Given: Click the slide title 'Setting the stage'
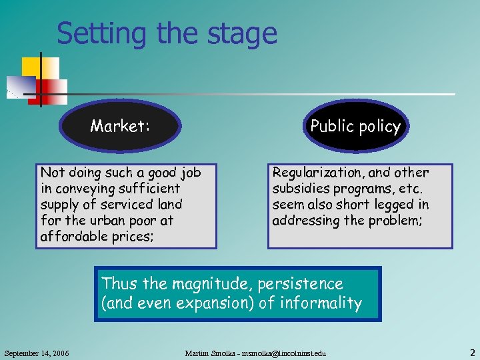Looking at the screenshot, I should [x=167, y=33].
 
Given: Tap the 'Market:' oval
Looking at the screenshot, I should [x=121, y=126].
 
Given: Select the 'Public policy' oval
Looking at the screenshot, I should [x=355, y=127].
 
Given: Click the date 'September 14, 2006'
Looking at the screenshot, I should [x=37, y=352].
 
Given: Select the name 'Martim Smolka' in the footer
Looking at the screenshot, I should [x=209, y=352].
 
